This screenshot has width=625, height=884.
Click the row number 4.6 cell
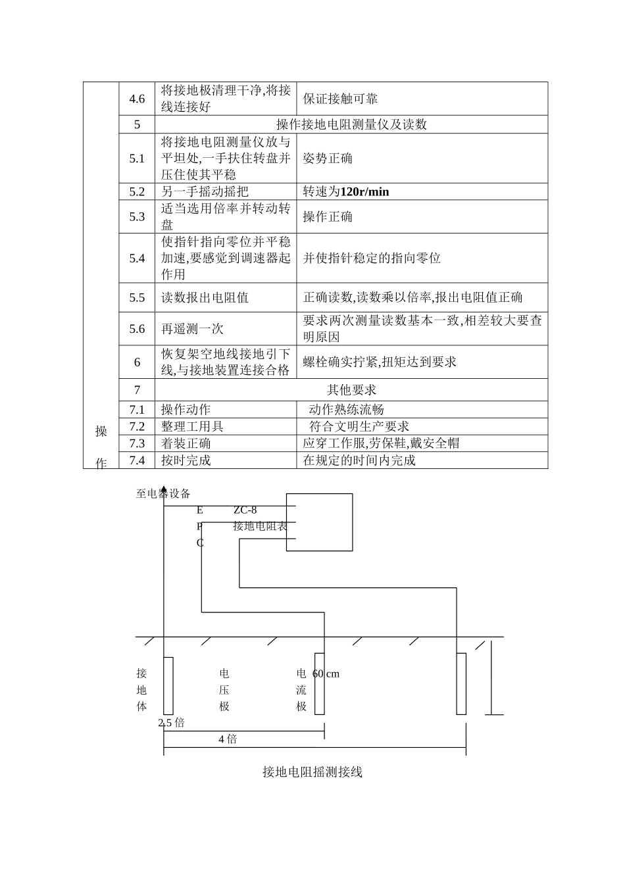point(137,99)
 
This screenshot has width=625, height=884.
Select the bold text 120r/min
point(364,192)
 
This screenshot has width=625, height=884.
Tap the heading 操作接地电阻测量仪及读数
point(351,124)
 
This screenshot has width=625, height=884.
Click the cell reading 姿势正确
point(328,159)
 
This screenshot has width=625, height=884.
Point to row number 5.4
point(137,258)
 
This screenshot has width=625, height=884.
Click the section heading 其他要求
point(351,390)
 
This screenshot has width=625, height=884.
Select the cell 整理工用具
point(192,426)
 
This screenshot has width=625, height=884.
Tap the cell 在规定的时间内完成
point(359,460)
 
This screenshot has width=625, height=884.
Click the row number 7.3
point(137,443)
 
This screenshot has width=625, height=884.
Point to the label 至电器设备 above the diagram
point(162,493)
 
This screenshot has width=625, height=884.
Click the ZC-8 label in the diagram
point(245,510)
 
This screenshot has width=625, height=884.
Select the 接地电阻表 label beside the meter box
point(260,526)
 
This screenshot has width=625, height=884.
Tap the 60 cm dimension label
point(326,674)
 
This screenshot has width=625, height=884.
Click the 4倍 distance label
point(228,739)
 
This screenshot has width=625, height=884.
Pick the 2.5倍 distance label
point(172,723)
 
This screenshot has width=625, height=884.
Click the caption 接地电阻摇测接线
point(312,772)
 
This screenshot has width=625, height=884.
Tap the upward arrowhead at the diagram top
point(163,488)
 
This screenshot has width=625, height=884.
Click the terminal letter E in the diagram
point(200,510)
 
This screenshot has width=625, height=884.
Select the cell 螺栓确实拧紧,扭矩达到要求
point(380,362)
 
